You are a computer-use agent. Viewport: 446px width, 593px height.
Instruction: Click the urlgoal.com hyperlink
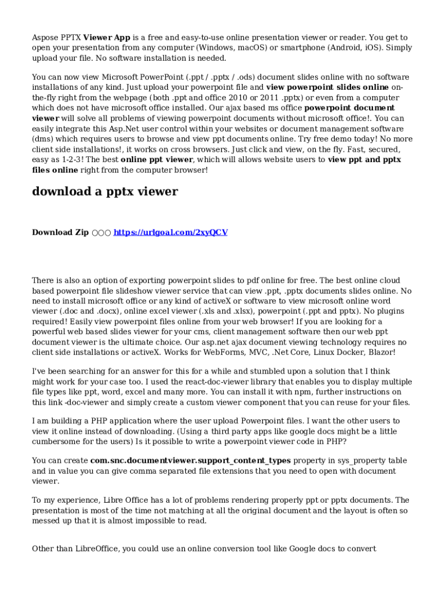point(170,232)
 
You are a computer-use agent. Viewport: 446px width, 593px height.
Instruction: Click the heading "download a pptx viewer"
point(105,192)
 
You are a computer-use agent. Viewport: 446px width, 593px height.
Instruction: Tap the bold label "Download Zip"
point(60,232)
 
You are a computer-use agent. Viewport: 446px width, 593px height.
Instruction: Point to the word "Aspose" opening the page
point(45,38)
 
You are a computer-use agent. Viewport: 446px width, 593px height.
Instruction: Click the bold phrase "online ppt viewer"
point(156,160)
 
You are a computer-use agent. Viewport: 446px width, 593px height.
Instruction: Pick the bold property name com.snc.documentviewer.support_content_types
point(190,461)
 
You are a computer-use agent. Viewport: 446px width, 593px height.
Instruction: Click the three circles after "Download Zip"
point(101,233)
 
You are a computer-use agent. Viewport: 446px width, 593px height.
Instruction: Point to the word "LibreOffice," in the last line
point(96,548)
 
